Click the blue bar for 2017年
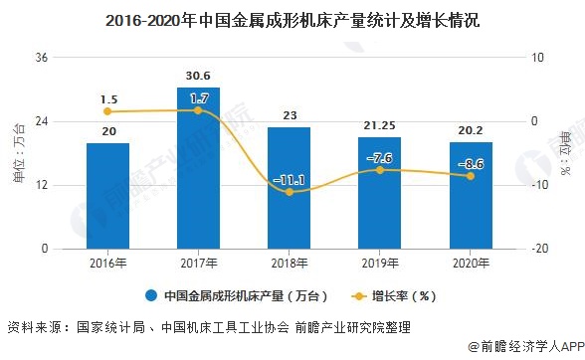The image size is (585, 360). coord(198,168)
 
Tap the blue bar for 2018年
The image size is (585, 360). coord(290,188)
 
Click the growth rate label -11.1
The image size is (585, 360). coord(290,180)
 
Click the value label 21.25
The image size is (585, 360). coord(380,126)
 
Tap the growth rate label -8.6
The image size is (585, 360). coord(471,163)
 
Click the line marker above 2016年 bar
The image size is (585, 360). coord(107,111)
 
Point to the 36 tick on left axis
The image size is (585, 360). coord(43,58)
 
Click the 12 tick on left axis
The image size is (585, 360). coord(43,186)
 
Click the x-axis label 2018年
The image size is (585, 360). coord(290,264)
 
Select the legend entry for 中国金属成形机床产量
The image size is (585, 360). coord(230,295)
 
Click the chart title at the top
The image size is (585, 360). coord(292,19)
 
